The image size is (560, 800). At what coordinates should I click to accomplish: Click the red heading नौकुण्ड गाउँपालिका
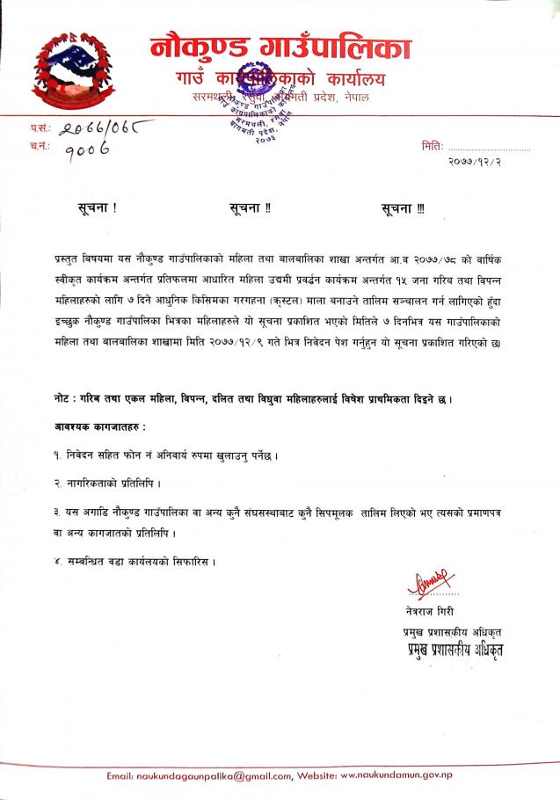tap(280, 47)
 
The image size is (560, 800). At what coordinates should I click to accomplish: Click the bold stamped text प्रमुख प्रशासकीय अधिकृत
tap(449, 651)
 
